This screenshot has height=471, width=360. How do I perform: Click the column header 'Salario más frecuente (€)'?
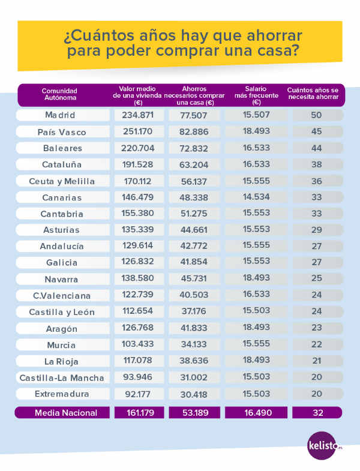tap(256, 94)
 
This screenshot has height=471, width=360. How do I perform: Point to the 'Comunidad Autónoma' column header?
tap(60, 94)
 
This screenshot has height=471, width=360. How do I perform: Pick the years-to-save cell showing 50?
tap(317, 115)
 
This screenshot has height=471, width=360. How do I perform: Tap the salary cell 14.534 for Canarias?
tap(256, 197)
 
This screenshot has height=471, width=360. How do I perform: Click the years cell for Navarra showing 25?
tap(317, 279)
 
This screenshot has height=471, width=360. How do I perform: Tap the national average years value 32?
tap(317, 413)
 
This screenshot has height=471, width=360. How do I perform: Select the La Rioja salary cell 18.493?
tap(256, 361)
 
